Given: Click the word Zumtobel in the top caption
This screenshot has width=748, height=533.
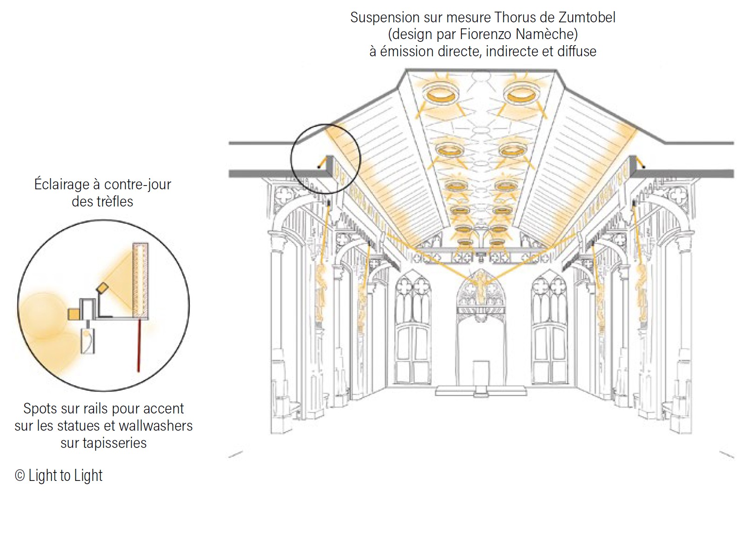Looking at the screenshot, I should [587, 18].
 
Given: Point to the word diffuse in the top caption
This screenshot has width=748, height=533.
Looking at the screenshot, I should [576, 51].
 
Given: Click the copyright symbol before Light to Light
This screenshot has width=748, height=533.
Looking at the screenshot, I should [20, 476].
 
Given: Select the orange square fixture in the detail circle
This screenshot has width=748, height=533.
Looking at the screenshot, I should [73, 314].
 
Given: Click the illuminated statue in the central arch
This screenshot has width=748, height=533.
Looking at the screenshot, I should [479, 284].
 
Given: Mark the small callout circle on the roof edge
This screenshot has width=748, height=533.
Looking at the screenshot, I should [326, 158].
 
